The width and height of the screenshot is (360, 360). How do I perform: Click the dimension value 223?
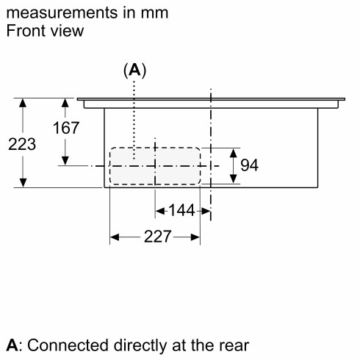[x=23, y=144]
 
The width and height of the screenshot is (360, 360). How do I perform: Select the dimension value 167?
[x=65, y=128]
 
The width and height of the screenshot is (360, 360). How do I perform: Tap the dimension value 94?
[x=250, y=165]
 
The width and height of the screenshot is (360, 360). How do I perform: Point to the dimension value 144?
[x=181, y=211]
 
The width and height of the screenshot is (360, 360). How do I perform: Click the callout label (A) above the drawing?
[x=134, y=71]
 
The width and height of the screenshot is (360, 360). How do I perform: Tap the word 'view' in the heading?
[x=66, y=31]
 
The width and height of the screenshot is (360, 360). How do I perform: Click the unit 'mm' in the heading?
[x=154, y=13]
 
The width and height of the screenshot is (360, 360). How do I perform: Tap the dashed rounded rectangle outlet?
[x=154, y=166]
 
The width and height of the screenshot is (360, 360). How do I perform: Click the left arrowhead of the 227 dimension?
[x=115, y=237]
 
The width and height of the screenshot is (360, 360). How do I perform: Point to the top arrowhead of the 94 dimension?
[x=233, y=153]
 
